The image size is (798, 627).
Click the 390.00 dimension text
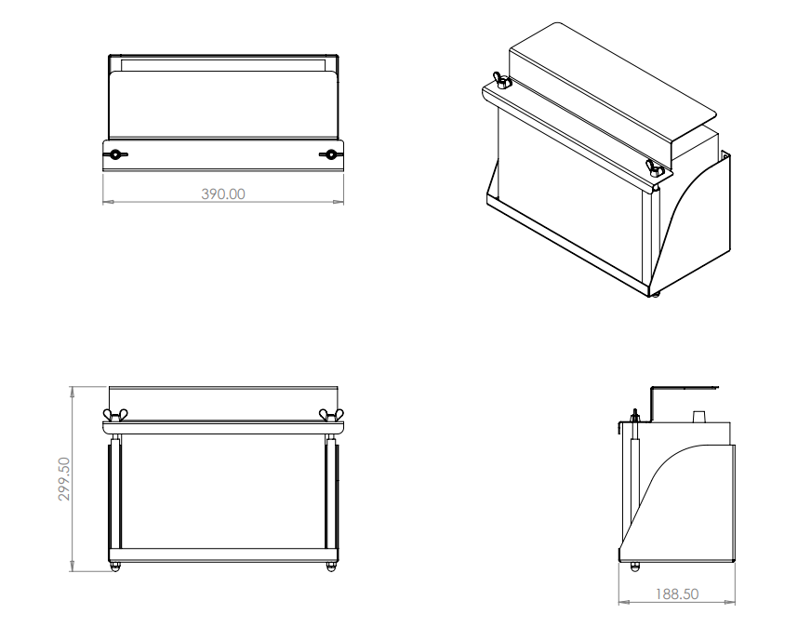pyautogui.click(x=223, y=193)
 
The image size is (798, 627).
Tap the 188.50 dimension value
pyautogui.click(x=676, y=594)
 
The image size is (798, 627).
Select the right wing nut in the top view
pyautogui.click(x=330, y=154)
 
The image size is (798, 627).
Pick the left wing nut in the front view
pyautogui.click(x=115, y=415)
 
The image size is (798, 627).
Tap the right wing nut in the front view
pyautogui.click(x=327, y=415)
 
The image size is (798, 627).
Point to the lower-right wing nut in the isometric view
pyautogui.click(x=654, y=167)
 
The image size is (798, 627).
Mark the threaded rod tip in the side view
pyautogui.click(x=633, y=412)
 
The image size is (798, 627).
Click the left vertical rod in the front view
pyautogui.click(x=115, y=493)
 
